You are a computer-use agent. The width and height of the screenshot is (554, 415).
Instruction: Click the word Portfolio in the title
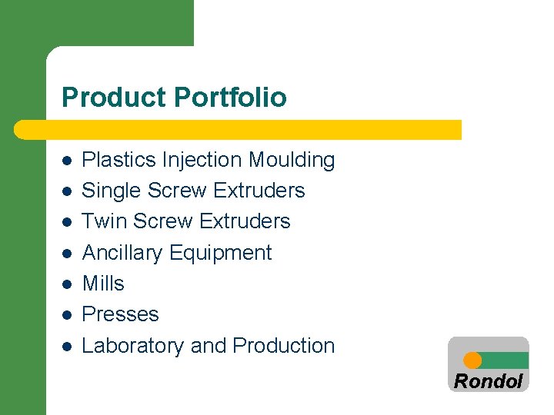pyautogui.click(x=230, y=98)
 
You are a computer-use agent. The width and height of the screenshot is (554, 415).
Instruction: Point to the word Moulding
pyautogui.click(x=292, y=160)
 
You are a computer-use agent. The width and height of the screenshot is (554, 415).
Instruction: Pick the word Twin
pyautogui.click(x=104, y=221)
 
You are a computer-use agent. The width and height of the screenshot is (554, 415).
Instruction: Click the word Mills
pyautogui.click(x=103, y=284)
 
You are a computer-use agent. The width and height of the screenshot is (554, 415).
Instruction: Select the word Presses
pyautogui.click(x=120, y=314)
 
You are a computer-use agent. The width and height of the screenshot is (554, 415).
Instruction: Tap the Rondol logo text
pyautogui.click(x=488, y=381)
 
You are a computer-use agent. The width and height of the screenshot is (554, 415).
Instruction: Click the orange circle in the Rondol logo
pyautogui.click(x=473, y=360)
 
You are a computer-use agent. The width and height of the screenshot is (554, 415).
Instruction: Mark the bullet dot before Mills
pyautogui.click(x=67, y=284)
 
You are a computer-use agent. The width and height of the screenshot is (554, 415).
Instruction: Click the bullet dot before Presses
pyautogui.click(x=67, y=315)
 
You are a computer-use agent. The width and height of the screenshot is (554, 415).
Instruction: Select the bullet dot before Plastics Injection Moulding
pyautogui.click(x=67, y=161)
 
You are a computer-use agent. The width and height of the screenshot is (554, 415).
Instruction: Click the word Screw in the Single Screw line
pyautogui.click(x=179, y=191)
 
